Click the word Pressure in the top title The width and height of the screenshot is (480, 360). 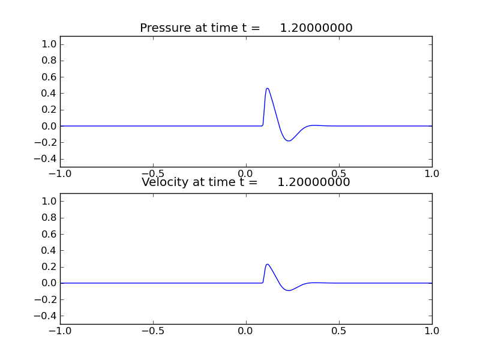pyautogui.click(x=164, y=28)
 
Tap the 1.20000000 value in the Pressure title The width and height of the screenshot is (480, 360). pyautogui.click(x=316, y=28)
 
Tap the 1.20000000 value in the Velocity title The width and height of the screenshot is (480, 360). pyautogui.click(x=314, y=182)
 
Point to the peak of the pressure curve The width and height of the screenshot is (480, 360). pyautogui.click(x=267, y=88)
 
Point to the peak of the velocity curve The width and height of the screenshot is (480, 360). pyautogui.click(x=267, y=264)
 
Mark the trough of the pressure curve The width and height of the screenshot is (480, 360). pyautogui.click(x=289, y=141)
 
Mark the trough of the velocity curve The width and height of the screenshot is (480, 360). pyautogui.click(x=289, y=290)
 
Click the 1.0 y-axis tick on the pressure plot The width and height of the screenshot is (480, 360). pyautogui.click(x=50, y=44)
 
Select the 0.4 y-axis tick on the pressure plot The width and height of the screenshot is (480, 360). pyautogui.click(x=50, y=94)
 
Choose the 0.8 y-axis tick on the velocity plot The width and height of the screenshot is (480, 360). pyautogui.click(x=50, y=218)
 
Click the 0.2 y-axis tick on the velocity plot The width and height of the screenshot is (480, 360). pyautogui.click(x=50, y=267)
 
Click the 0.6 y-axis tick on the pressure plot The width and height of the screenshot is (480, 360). pyautogui.click(x=50, y=77)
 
